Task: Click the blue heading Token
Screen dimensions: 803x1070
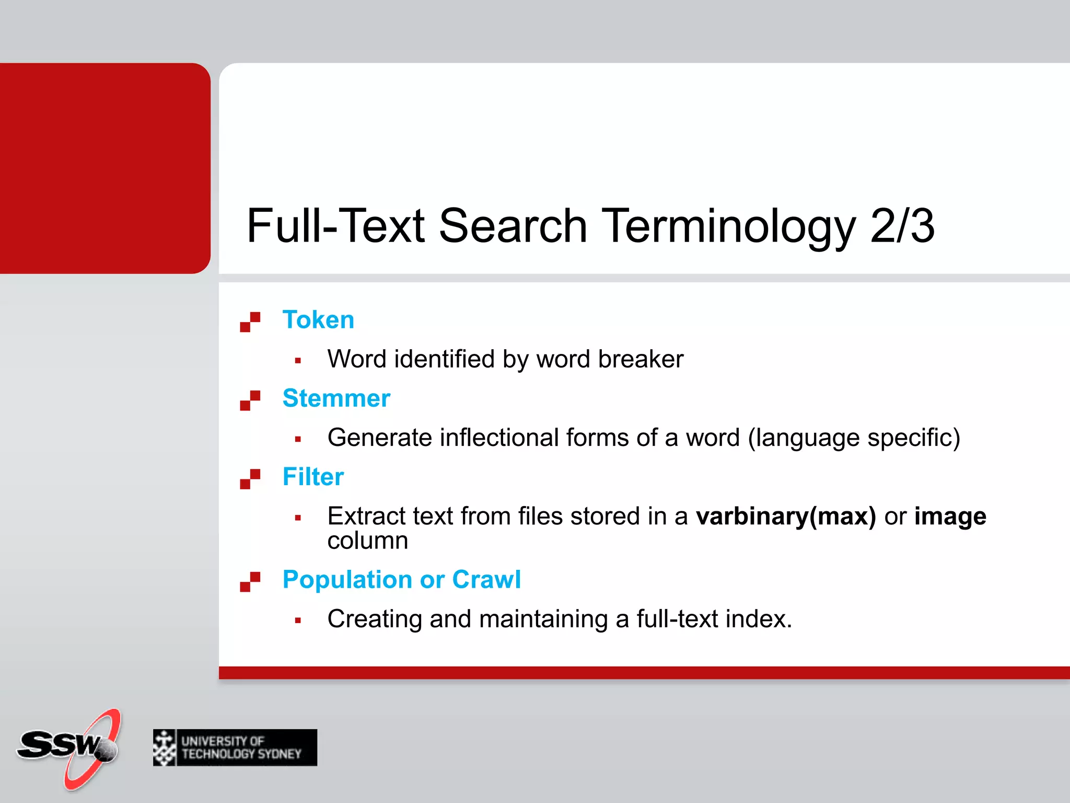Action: coord(318,320)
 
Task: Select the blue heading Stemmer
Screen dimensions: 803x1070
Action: coord(336,398)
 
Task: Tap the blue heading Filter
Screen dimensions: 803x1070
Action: coord(313,477)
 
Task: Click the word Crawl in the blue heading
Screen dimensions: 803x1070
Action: coord(486,580)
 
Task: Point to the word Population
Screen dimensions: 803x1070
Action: coord(347,580)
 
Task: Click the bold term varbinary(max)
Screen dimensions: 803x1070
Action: coord(786,517)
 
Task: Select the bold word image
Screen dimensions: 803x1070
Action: coord(950,517)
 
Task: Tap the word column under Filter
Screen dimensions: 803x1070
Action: coord(367,541)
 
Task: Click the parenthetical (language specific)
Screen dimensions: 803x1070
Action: coord(854,438)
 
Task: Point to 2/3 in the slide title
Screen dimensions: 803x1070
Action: coord(902,226)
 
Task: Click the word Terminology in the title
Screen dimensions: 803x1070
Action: coord(729,227)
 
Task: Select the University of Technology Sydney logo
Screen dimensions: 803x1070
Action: coord(235,748)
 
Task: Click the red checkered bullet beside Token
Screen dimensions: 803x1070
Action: coord(250,322)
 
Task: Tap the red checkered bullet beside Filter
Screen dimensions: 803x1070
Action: coord(250,479)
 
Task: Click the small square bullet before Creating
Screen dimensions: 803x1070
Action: coord(298,621)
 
